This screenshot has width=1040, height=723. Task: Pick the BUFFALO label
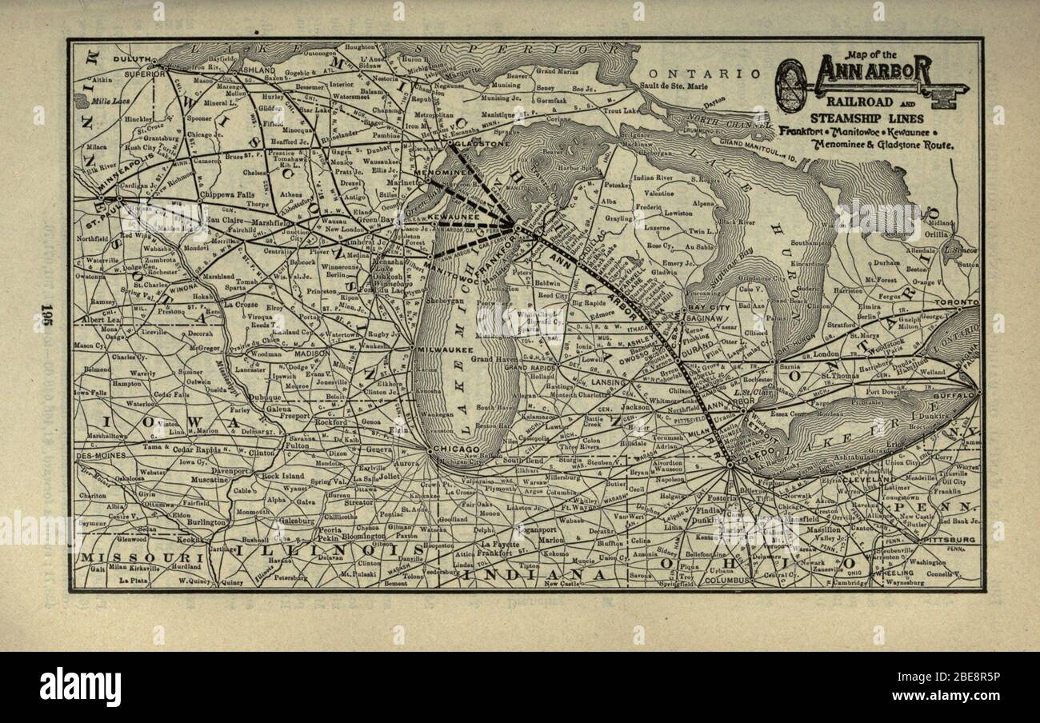click(x=958, y=395)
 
